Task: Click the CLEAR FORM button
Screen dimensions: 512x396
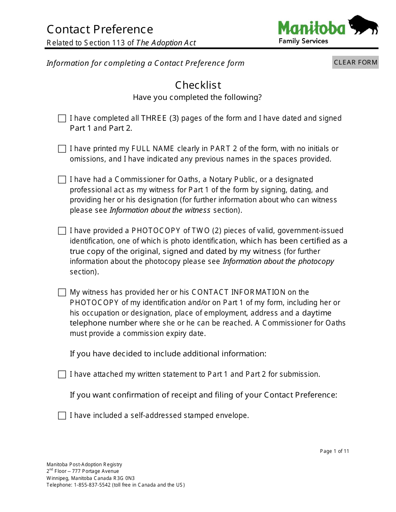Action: pyautogui.click(x=355, y=62)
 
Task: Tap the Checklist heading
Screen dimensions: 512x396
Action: pyautogui.click(x=198, y=85)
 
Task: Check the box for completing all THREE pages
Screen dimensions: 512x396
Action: pyautogui.click(x=62, y=119)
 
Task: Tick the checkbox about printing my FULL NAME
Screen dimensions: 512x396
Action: pyautogui.click(x=62, y=149)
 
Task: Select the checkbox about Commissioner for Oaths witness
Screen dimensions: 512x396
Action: pyautogui.click(x=62, y=180)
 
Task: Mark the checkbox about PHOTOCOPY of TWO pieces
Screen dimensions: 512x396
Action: pyautogui.click(x=62, y=231)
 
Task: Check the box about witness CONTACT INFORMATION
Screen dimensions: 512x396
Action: pyautogui.click(x=62, y=293)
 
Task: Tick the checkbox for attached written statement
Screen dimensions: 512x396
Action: pyautogui.click(x=62, y=375)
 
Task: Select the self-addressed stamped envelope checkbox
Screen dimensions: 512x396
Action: pyautogui.click(x=62, y=416)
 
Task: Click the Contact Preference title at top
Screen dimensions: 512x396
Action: pyautogui.click(x=100, y=30)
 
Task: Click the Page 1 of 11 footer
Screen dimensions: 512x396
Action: pyautogui.click(x=334, y=451)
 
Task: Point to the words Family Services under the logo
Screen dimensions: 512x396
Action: pyautogui.click(x=303, y=41)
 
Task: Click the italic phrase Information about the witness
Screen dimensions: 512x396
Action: pyautogui.click(x=160, y=210)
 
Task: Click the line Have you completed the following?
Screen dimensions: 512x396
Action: pyautogui.click(x=197, y=97)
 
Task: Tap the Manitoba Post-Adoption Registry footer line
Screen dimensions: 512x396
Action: pyautogui.click(x=84, y=465)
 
